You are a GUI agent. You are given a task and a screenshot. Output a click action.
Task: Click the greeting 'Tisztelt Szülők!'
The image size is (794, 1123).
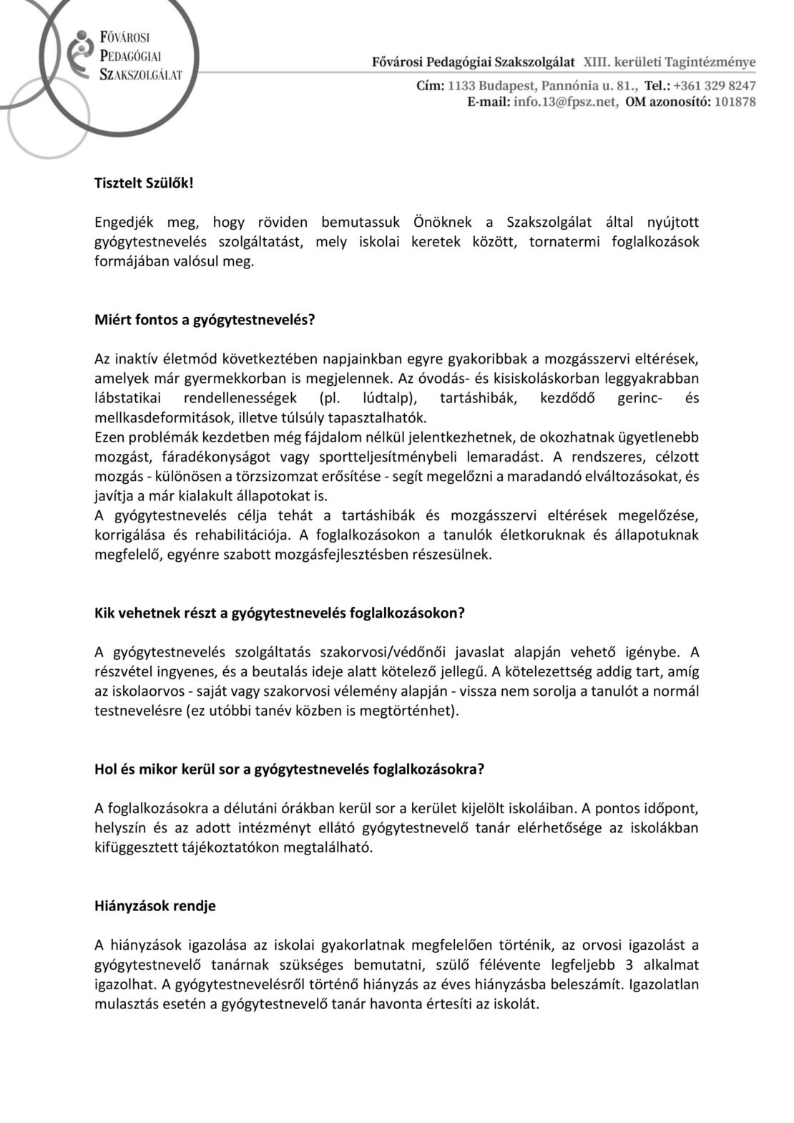[x=143, y=183]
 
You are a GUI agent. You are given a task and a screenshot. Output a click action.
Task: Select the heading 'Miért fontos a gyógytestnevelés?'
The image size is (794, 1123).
[x=205, y=320]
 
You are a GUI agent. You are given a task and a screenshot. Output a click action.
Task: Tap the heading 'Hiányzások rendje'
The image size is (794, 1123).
[x=155, y=905]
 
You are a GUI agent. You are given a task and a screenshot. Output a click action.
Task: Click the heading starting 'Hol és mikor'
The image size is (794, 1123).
[x=290, y=769]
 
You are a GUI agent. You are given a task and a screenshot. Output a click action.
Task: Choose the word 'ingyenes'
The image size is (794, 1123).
[x=184, y=671]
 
